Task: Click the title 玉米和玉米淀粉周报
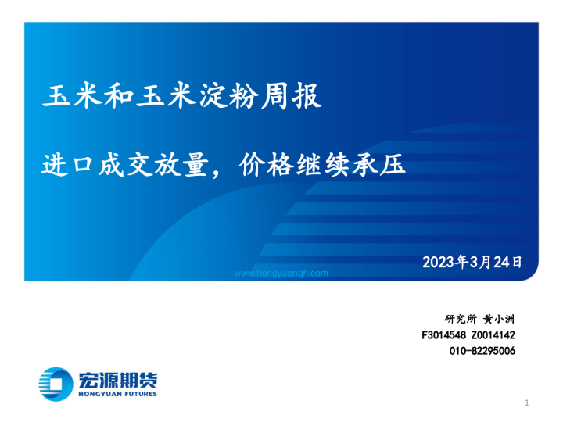pyautogui.click(x=181, y=98)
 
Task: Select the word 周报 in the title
pyautogui.click(x=294, y=98)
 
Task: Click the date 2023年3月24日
pyautogui.click(x=472, y=262)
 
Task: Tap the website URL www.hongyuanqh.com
pyautogui.click(x=281, y=274)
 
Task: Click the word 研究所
pyautogui.click(x=460, y=319)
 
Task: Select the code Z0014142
pyautogui.click(x=493, y=334)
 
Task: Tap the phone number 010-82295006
pyautogui.click(x=482, y=351)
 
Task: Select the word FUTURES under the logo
pyautogui.click(x=138, y=394)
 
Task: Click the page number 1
pyautogui.click(x=528, y=402)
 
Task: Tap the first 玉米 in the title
pyautogui.click(x=75, y=98)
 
